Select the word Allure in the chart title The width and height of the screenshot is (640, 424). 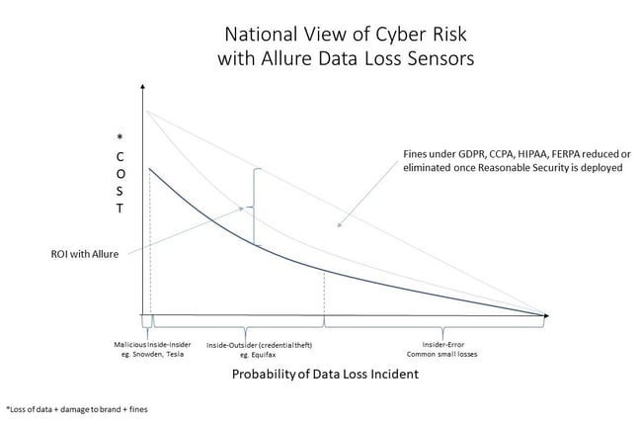[x=286, y=58]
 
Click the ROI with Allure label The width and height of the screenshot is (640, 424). [x=85, y=254]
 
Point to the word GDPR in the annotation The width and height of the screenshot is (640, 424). [x=470, y=155]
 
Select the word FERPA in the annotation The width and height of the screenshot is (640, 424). [x=566, y=155]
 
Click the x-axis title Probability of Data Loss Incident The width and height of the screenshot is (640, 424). [x=325, y=375]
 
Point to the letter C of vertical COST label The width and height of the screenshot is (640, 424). [x=120, y=157]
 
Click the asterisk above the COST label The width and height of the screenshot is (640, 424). [x=120, y=137]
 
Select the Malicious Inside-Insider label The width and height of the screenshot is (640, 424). [x=152, y=345]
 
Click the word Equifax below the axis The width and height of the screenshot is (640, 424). [x=263, y=355]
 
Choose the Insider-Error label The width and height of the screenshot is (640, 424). [x=443, y=345]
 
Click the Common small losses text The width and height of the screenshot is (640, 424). [x=442, y=355]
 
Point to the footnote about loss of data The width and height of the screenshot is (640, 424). [x=77, y=409]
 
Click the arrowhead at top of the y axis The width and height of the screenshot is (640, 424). [x=142, y=86]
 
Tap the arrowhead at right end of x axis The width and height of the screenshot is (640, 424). [x=547, y=315]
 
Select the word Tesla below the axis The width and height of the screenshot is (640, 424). [x=176, y=355]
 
